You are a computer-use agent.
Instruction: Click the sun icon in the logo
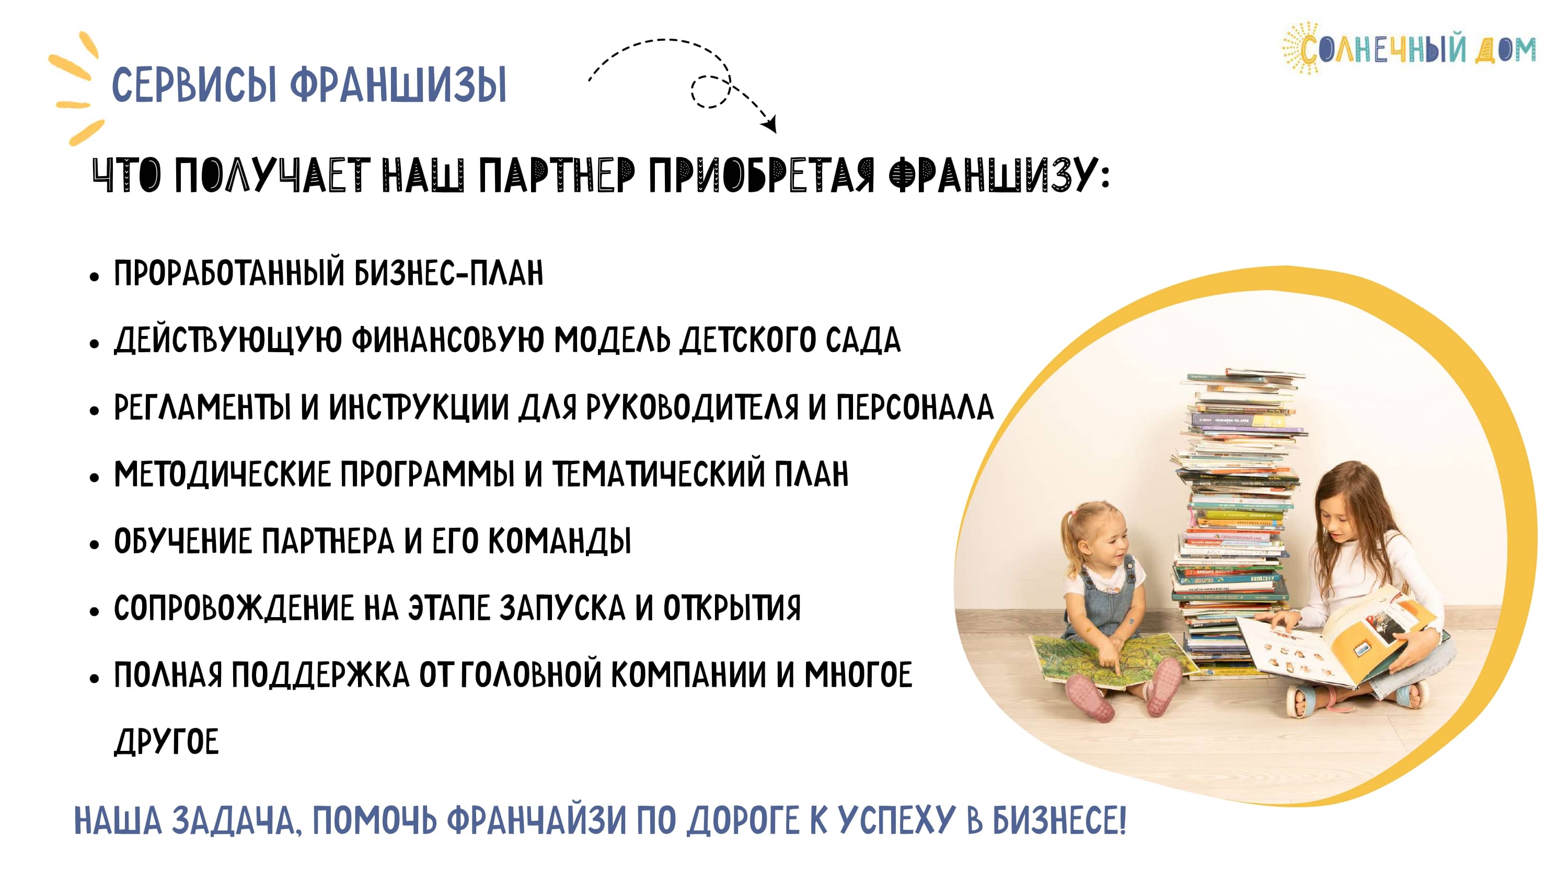click(1301, 49)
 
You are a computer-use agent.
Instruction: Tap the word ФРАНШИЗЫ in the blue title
click(398, 85)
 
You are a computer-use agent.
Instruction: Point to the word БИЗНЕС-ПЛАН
click(449, 273)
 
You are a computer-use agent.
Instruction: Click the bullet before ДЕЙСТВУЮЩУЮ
click(94, 344)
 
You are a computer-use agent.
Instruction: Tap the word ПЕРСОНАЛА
click(914, 407)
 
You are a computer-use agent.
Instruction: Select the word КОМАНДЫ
click(559, 541)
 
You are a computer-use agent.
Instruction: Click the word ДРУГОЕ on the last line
click(166, 742)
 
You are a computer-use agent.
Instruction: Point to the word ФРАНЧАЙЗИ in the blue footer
click(536, 821)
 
